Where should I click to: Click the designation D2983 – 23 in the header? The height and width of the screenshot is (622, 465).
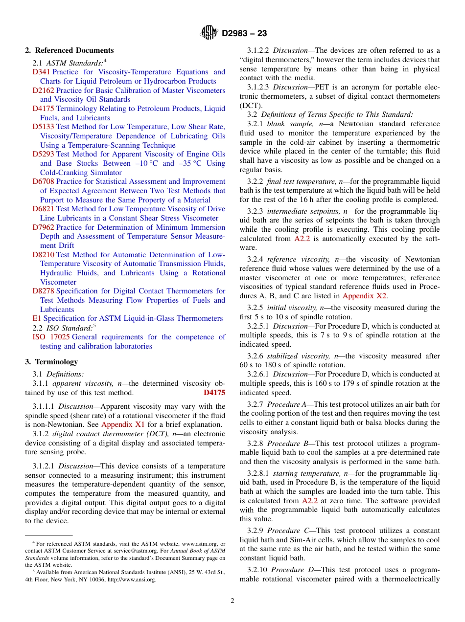tap(244, 33)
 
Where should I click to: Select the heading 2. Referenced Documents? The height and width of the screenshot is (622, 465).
tap(70, 50)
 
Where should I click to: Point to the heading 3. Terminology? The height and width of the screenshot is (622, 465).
tap(51, 362)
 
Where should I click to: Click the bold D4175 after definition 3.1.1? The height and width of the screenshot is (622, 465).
tap(214, 393)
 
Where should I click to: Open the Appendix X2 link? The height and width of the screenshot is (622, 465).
tap(365, 296)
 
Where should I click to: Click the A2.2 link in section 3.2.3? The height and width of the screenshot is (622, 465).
tap(302, 239)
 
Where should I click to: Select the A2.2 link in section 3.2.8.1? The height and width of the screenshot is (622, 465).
tap(310, 501)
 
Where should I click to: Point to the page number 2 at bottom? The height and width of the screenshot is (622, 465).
tap(232, 601)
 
